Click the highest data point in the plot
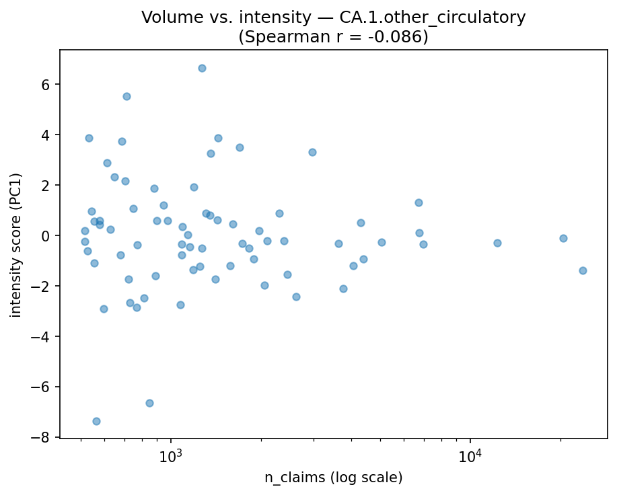[202, 68]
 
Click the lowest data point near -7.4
[96, 421]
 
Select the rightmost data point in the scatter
[583, 270]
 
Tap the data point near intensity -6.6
[149, 403]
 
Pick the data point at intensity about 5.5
[126, 96]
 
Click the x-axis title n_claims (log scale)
[333, 478]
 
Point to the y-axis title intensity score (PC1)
[15, 245]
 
